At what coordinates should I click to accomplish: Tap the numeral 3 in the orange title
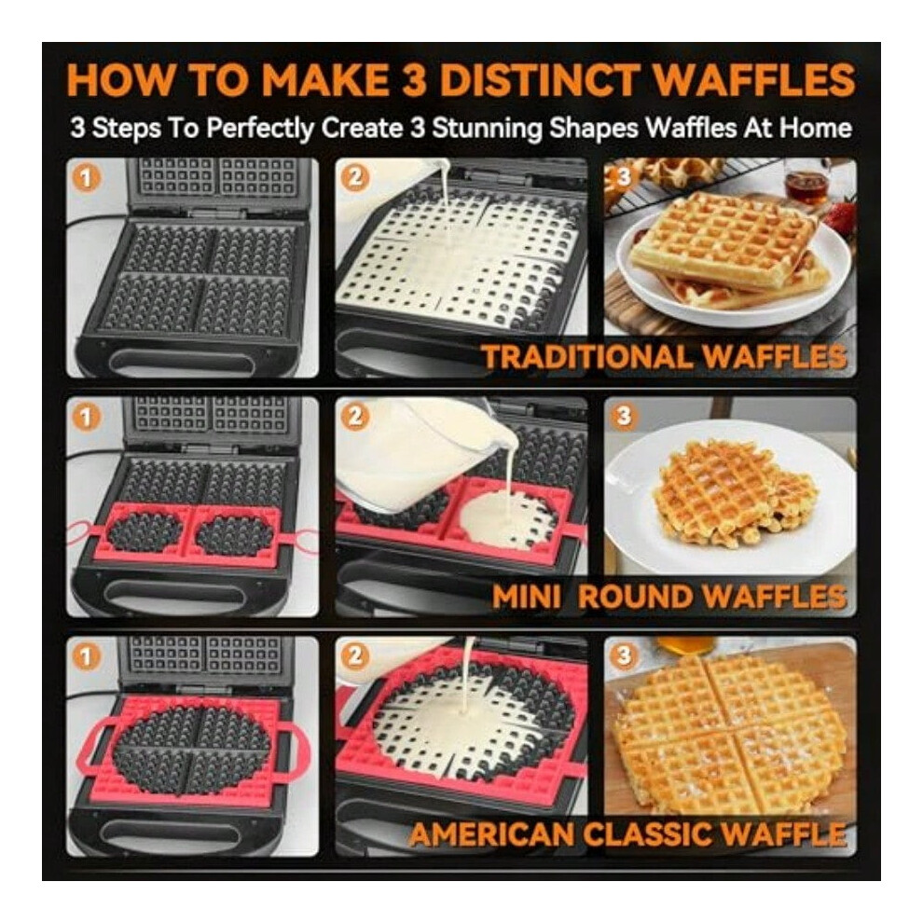(x=414, y=79)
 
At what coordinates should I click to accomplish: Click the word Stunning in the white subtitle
(x=487, y=129)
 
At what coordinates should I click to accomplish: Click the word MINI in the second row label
(x=526, y=597)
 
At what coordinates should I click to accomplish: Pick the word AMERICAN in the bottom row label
(x=494, y=834)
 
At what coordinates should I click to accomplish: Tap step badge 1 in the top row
(x=86, y=178)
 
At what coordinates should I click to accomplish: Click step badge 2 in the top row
(x=355, y=178)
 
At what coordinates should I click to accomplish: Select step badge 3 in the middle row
(x=624, y=416)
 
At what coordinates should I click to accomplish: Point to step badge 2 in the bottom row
(x=355, y=655)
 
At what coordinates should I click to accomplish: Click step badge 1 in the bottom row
(x=86, y=655)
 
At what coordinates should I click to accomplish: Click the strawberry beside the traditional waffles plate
(x=839, y=216)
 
